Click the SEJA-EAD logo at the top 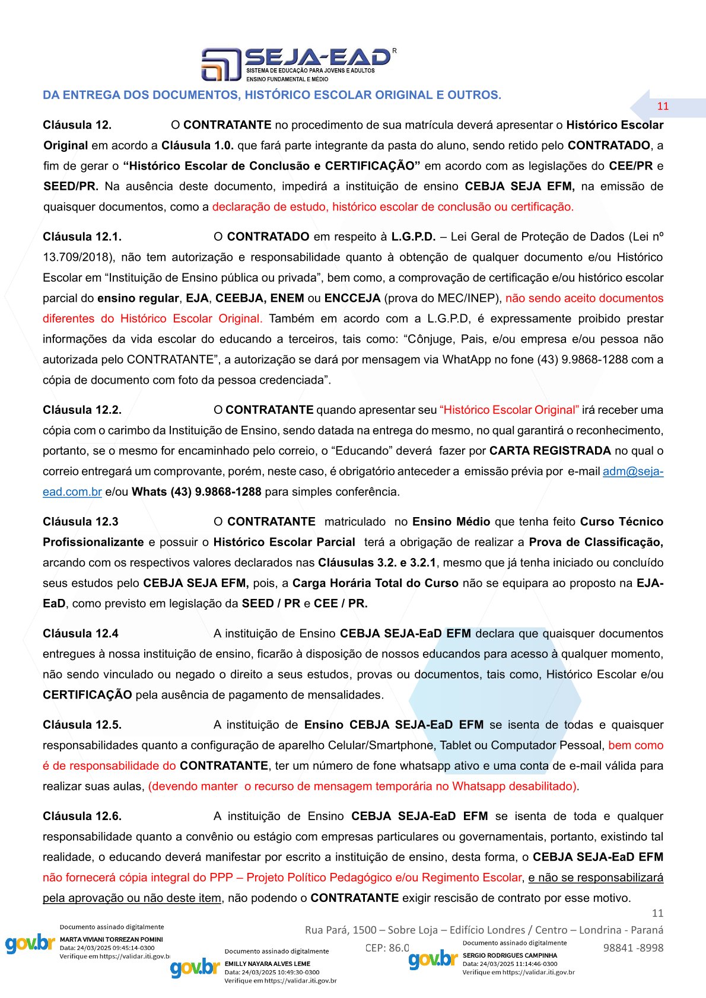pos(298,63)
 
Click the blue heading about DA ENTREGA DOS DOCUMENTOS pos(272,95)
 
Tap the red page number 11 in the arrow pos(663,107)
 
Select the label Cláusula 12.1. pos(82,237)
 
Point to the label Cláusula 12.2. pos(82,410)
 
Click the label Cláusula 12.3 pos(80,522)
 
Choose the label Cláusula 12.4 pos(80,633)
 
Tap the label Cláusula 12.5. pos(82,725)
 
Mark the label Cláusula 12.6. pos(82,816)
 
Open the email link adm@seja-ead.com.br pos(632,471)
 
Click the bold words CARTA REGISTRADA pos(550,451)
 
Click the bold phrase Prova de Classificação pos(596,542)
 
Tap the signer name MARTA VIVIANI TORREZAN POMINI pos(111,939)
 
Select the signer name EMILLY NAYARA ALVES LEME pos(267,964)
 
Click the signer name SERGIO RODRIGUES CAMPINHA pos(510,955)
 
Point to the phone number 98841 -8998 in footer pos(633,948)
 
